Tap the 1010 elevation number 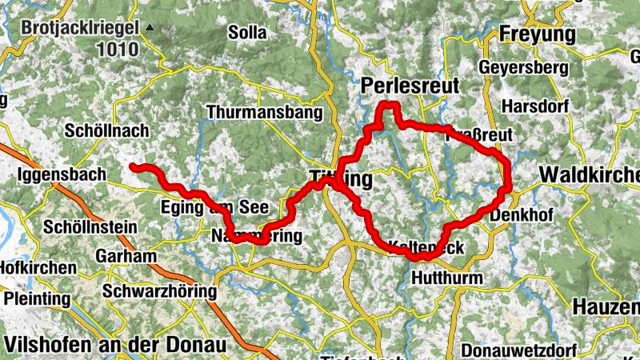tap(118, 50)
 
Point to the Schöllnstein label tap(90, 226)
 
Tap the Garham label tap(126, 257)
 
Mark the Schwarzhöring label tap(160, 291)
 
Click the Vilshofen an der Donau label tap(115, 345)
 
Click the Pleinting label tap(37, 298)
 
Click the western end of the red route tap(133, 166)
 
